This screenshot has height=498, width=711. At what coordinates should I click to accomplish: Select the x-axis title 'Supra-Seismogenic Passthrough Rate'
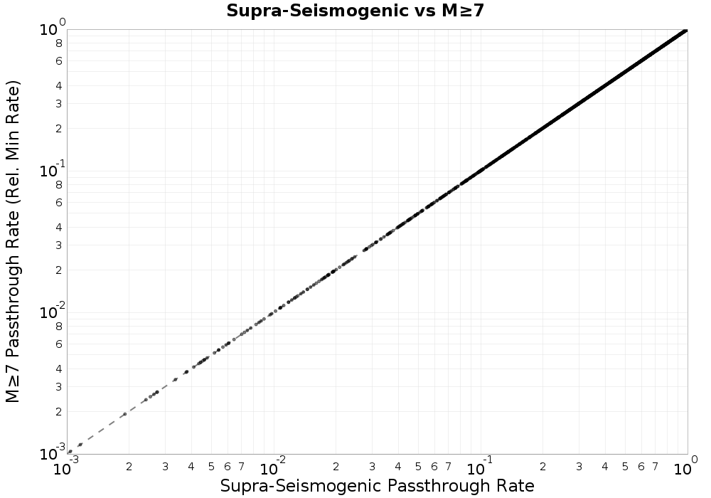click(377, 486)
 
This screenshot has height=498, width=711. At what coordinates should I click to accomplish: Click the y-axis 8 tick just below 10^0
click(59, 43)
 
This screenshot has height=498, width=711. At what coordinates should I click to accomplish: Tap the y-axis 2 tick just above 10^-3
click(59, 411)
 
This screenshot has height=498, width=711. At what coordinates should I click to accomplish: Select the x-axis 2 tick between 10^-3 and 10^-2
click(129, 467)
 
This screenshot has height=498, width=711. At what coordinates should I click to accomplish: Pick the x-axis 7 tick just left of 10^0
click(656, 467)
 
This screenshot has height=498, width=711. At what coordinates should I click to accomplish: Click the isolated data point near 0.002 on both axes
click(125, 414)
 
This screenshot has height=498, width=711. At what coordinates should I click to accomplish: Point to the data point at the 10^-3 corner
click(70, 452)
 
